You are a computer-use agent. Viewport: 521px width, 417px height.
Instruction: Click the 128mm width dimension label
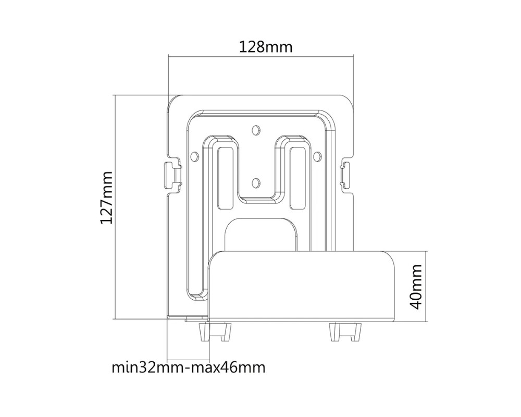pos(266,47)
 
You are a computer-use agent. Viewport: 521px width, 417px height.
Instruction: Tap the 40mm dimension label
pos(416,286)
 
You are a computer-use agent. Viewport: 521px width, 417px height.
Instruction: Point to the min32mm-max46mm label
pos(189,367)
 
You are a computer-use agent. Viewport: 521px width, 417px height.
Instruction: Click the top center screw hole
pos(255,129)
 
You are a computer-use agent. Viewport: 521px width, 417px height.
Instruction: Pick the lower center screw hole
pos(255,182)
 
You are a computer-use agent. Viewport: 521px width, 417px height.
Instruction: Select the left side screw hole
pos(195,155)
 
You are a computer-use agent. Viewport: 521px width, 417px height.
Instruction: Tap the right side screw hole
pos(316,155)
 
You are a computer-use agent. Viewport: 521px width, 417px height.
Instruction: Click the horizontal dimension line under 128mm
pos(260,56)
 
